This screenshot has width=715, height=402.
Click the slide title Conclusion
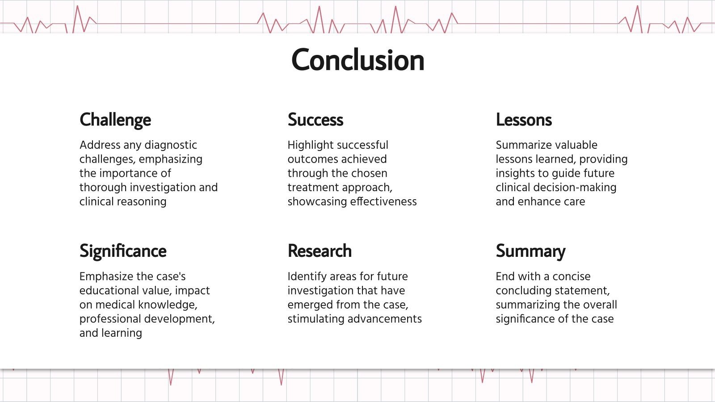(357, 60)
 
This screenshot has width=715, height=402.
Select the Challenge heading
(115, 120)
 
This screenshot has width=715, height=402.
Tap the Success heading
(315, 120)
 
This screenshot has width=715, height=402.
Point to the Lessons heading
(524, 120)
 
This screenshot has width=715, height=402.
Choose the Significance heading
(123, 251)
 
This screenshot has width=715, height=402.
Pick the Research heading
(320, 251)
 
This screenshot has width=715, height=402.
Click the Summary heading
(530, 251)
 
